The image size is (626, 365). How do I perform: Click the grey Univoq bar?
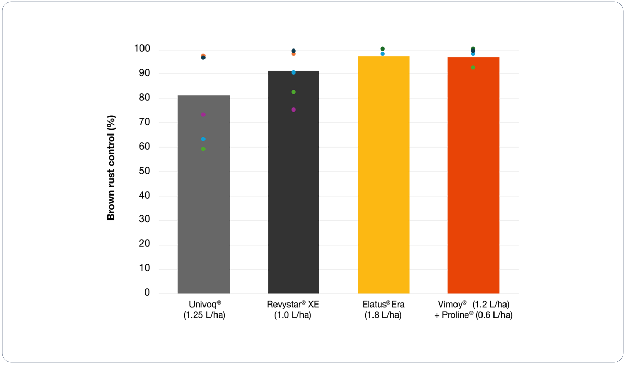pos(203,209)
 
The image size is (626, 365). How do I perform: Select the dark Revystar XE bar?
pos(293,198)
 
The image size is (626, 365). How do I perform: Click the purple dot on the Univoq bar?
pos(203,114)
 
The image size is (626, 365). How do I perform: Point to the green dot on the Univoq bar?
pos(203,149)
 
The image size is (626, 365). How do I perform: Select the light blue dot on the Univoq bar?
pos(203,139)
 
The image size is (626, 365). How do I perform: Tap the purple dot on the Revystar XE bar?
pos(293,110)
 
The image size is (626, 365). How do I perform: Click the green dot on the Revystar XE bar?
pos(293,92)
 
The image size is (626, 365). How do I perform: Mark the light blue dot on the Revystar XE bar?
pos(293,72)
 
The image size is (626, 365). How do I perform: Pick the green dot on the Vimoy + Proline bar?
pos(473,67)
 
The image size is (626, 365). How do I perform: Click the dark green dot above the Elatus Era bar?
pos(383,49)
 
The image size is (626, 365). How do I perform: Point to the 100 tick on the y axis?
pos(143,49)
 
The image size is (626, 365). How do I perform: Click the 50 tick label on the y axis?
pos(145,171)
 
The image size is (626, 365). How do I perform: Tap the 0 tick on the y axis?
pos(147,293)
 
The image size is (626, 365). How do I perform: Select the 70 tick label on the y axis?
pos(145,123)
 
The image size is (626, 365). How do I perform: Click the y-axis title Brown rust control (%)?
pos(111,171)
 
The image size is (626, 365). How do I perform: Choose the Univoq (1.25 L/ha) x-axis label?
pos(203,310)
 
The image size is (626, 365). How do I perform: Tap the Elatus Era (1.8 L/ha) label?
pos(383,310)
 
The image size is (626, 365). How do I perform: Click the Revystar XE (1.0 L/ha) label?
pos(293,310)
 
